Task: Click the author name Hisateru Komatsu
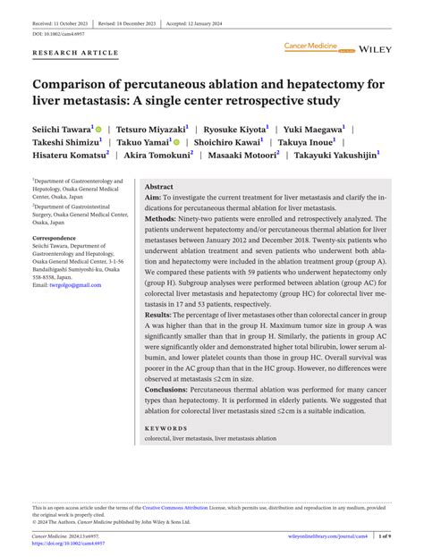pos(69,155)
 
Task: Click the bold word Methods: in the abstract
pos(161,218)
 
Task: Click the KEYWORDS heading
pos(165,428)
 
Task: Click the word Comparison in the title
pos(76,87)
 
